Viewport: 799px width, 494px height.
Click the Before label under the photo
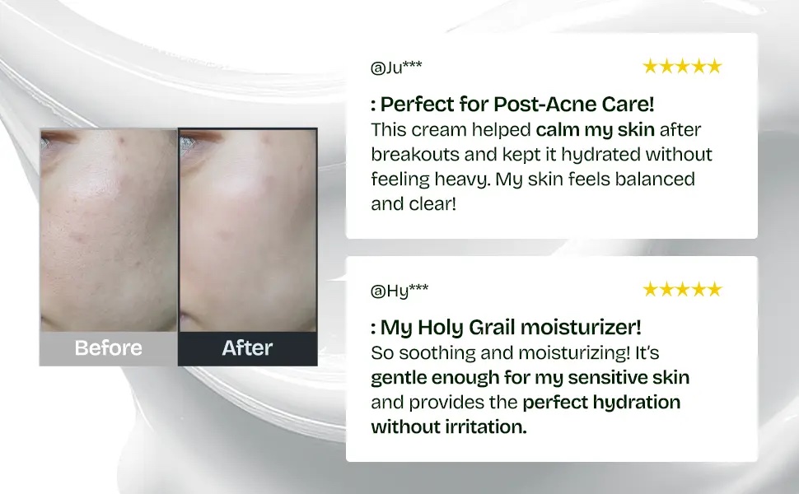(x=109, y=347)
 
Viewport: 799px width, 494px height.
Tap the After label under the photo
(x=247, y=347)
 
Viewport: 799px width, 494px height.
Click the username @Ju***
(x=396, y=67)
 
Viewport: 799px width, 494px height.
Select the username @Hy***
(x=399, y=291)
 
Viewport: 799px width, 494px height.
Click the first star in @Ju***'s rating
(x=650, y=66)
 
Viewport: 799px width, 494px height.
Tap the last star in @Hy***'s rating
(x=715, y=289)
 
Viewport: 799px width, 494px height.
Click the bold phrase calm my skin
(x=596, y=130)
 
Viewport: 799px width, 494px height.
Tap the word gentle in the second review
(x=399, y=377)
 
